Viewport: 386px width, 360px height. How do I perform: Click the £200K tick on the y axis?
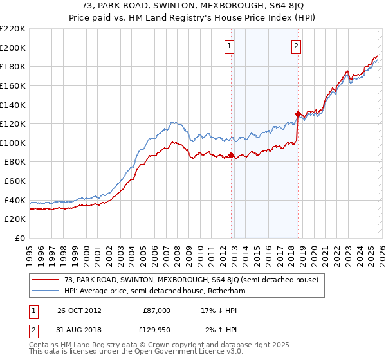[13, 48]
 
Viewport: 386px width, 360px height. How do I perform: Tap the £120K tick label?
[13, 124]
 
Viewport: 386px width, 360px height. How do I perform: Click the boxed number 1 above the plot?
[230, 46]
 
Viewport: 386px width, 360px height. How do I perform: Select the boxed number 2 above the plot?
[297, 46]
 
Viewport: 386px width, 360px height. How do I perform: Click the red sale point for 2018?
[298, 114]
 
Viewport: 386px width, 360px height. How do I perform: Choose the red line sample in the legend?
[46, 280]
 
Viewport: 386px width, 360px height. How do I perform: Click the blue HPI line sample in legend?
[46, 291]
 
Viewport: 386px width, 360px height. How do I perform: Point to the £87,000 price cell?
[156, 310]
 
